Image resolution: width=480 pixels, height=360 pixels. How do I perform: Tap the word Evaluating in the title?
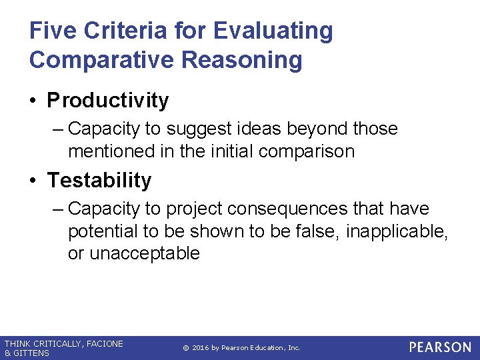point(273,31)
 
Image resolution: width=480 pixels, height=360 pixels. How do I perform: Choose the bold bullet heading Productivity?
point(107,101)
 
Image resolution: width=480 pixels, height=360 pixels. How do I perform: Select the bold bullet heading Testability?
point(99,181)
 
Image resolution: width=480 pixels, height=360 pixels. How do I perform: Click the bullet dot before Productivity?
point(34,101)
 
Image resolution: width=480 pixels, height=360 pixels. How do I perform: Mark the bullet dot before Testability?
point(34,181)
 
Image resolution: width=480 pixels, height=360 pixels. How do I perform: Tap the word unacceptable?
point(144,253)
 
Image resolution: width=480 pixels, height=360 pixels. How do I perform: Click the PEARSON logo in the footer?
point(440,347)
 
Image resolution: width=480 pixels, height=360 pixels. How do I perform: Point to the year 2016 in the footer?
point(202,348)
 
